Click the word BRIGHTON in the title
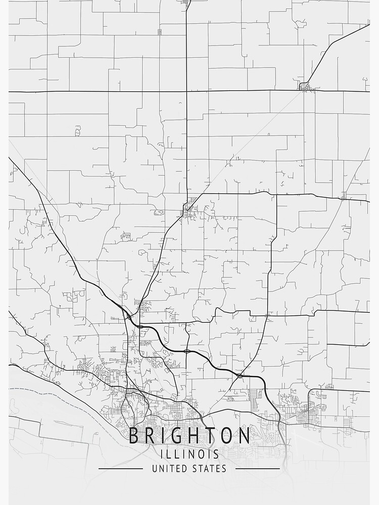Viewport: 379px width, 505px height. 189,436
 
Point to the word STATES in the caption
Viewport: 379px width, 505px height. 210,469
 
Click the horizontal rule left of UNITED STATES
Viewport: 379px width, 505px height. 120,469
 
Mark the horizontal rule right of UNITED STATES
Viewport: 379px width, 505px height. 258,469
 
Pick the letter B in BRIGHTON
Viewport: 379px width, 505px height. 134,436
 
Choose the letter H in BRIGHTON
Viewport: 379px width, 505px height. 191,436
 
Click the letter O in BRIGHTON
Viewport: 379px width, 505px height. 225,436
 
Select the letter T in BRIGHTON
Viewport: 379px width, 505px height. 208,436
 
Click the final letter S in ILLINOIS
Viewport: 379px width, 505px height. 216,454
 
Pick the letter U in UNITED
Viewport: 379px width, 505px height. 155,469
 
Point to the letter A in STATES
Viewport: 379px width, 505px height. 208,469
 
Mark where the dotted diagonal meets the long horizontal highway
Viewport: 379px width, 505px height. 303,90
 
